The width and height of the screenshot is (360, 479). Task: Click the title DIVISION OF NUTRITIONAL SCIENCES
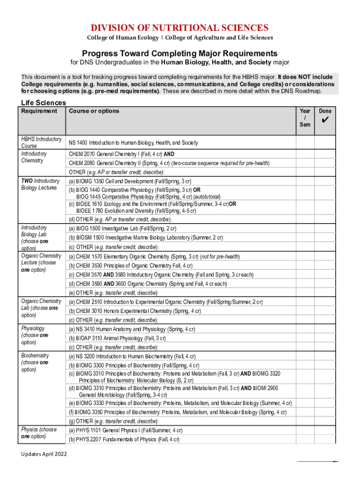tap(180, 28)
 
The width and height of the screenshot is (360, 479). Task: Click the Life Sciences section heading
tap(43, 103)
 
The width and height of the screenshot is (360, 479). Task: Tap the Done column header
tap(325, 111)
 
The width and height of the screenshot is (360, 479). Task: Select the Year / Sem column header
tap(305, 118)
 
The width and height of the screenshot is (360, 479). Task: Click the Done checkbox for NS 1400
tap(325, 143)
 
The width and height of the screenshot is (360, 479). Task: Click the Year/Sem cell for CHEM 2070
tap(305, 154)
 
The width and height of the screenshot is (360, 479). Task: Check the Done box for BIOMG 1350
tap(325, 181)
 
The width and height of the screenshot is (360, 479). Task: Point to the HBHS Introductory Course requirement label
tap(41, 142)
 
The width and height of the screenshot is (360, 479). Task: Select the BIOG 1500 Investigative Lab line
tap(122, 229)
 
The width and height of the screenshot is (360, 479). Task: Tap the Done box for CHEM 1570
tap(325, 257)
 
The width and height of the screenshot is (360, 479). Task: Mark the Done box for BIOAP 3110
tap(325, 338)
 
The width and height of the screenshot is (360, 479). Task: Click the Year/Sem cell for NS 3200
tap(305, 356)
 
